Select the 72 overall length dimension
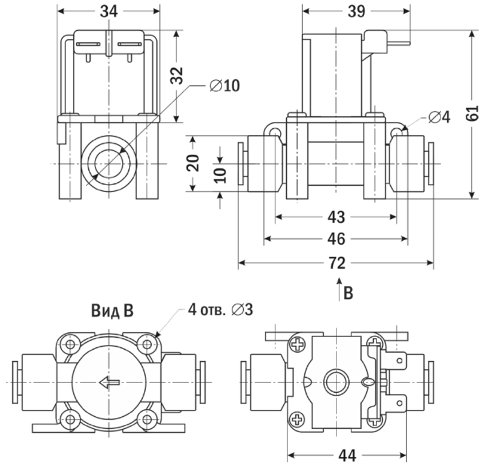pyautogui.click(x=336, y=263)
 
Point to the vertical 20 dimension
pyautogui.click(x=193, y=163)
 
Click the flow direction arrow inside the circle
pyautogui.click(x=110, y=382)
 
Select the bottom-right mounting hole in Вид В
pyautogui.click(x=147, y=418)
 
